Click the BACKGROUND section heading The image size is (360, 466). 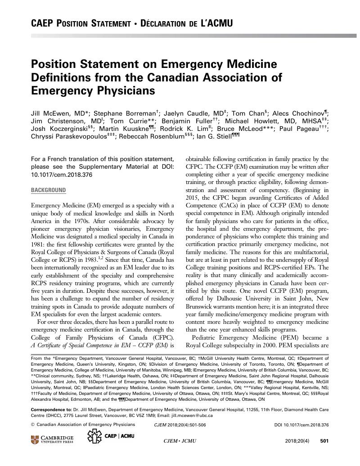(48, 190)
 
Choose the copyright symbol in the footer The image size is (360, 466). (32, 424)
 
